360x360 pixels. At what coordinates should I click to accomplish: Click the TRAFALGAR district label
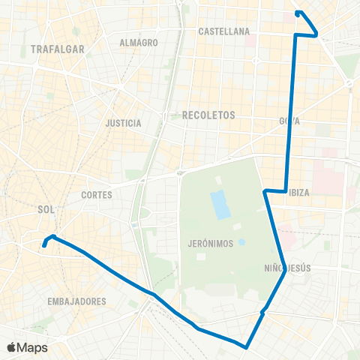click(x=56, y=49)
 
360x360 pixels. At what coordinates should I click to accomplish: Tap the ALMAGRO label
click(x=139, y=43)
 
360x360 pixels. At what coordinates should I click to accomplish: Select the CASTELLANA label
click(x=223, y=31)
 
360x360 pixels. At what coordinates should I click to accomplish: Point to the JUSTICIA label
click(x=124, y=122)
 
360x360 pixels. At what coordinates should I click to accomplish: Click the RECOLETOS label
click(x=208, y=115)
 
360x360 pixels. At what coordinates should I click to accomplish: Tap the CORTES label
click(x=96, y=194)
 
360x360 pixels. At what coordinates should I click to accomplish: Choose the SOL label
click(x=46, y=211)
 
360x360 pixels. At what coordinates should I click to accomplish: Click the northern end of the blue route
click(x=298, y=12)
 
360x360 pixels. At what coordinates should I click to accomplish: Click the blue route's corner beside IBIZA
click(x=286, y=190)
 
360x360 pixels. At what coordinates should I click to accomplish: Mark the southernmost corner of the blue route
click(x=247, y=346)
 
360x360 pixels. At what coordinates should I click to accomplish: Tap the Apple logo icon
click(x=11, y=348)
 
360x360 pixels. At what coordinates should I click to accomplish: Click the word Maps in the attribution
click(x=33, y=348)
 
